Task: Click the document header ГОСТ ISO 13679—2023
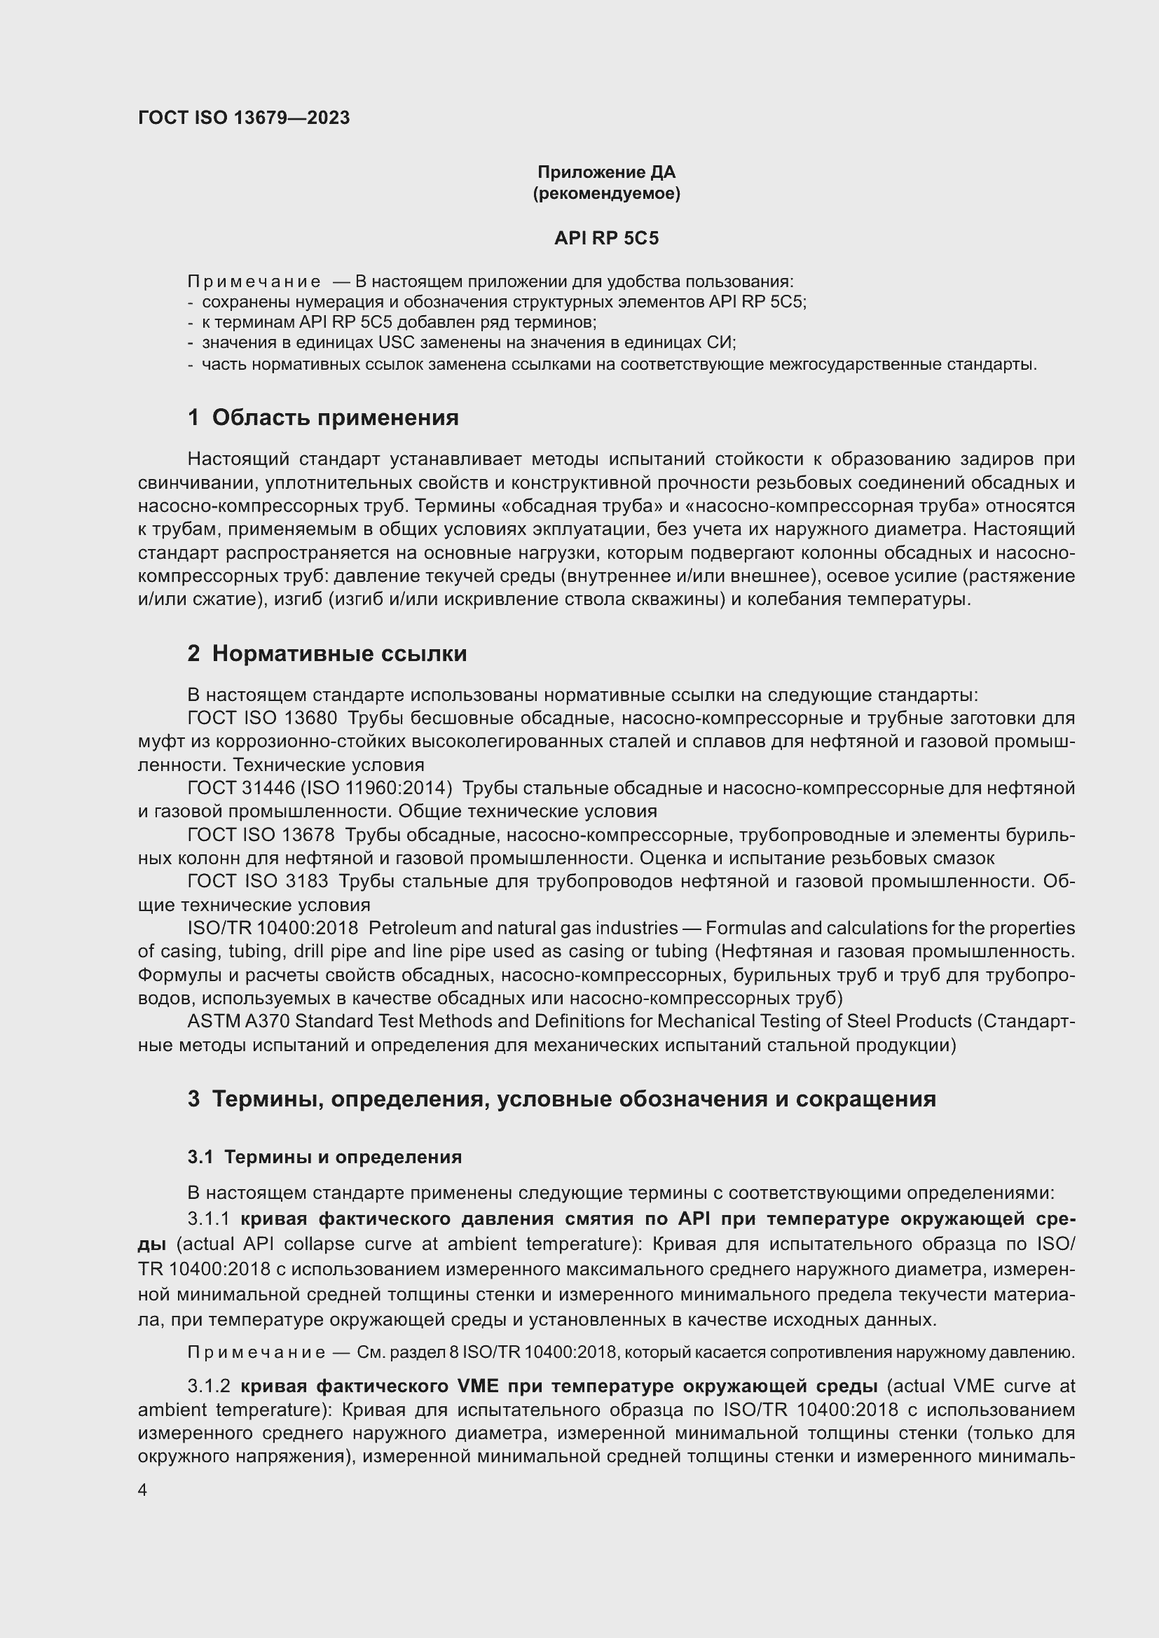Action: click(x=244, y=118)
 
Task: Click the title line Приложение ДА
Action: click(x=606, y=172)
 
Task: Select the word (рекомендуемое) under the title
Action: click(x=606, y=193)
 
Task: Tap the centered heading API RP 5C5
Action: click(x=606, y=238)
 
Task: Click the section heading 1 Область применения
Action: click(x=323, y=417)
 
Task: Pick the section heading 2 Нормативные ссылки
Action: click(x=327, y=653)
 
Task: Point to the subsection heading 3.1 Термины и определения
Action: click(x=324, y=1156)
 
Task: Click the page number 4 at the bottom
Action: click(x=143, y=1490)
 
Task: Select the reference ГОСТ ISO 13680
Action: click(x=262, y=718)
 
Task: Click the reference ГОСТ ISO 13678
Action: click(x=262, y=835)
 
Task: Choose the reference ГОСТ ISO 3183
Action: click(x=258, y=882)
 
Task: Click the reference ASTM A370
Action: click(x=238, y=1022)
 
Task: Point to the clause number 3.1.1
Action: click(x=208, y=1219)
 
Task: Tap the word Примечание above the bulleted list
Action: click(x=254, y=282)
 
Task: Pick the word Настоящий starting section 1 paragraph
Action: click(x=237, y=459)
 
